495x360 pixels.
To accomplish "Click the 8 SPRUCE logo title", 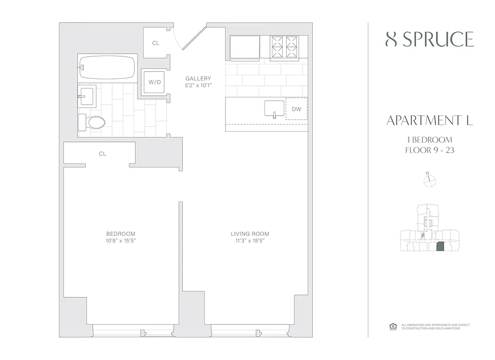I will (430, 40).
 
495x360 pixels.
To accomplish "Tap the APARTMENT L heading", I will (429, 121).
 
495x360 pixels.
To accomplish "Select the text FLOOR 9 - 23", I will (429, 150).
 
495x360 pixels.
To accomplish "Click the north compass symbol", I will (430, 180).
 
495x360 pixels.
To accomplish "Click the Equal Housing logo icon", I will (391, 327).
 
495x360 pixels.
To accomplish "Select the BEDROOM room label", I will (121, 234).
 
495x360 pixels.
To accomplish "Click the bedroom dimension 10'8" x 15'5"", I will (121, 241).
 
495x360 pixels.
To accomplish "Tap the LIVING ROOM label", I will (250, 234).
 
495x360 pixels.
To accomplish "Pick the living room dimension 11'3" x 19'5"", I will (250, 241).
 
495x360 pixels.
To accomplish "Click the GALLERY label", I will (198, 79).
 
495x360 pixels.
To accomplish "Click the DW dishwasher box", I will (296, 109).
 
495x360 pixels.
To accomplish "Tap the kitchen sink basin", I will (274, 109).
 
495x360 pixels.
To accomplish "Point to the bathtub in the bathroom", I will (107, 68).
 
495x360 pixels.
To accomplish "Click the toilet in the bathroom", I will (93, 122).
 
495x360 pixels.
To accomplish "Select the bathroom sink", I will (86, 95).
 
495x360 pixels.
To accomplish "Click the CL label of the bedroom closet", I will (102, 154).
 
